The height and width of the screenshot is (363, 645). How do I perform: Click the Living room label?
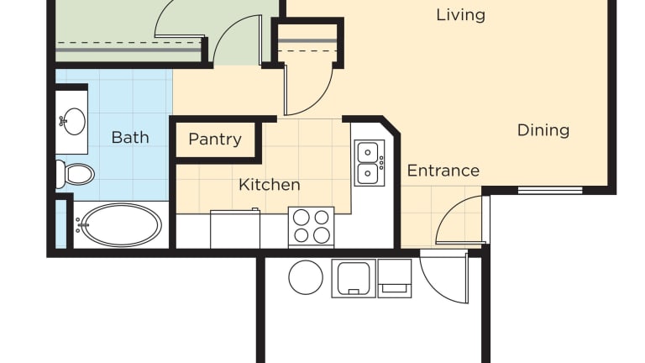point(460,15)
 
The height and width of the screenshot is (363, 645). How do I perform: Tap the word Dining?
point(543,130)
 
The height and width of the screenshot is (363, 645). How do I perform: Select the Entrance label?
point(443,171)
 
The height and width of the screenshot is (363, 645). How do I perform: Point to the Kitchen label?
point(269,185)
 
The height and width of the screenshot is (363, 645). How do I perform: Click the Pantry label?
point(215,139)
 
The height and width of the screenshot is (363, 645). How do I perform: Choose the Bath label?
point(130,138)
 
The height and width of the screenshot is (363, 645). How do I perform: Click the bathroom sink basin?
point(73,121)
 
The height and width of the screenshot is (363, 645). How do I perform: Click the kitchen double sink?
point(370,163)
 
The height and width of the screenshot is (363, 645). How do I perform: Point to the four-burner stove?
point(311,227)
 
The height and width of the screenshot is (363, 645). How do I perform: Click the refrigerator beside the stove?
point(235,229)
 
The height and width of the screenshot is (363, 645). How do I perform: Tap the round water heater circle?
point(306,277)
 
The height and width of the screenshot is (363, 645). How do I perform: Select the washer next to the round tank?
point(354,278)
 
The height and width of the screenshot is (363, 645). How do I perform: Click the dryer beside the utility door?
point(395,278)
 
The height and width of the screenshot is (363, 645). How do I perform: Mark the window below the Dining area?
point(550,190)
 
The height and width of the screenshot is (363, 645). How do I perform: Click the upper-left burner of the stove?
point(302,218)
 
